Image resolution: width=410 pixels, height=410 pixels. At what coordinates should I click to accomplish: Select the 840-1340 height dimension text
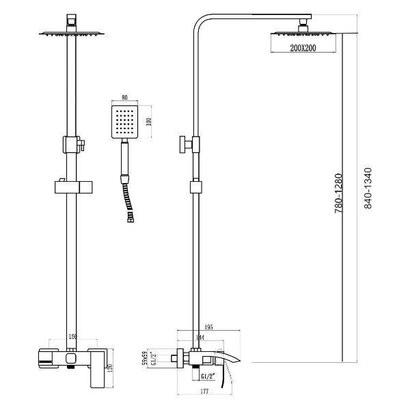pos(368,189)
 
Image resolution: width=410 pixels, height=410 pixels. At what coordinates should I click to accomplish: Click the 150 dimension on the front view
pos(72,338)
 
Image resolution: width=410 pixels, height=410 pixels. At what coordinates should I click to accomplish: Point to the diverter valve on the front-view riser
pos(72,144)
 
